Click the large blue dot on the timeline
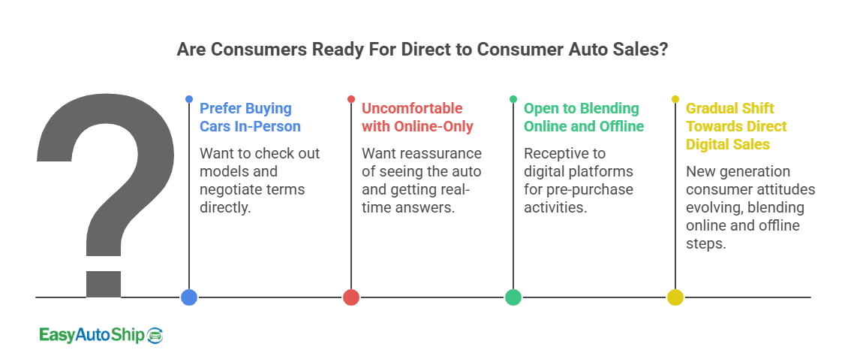[x=189, y=297]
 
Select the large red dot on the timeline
[x=351, y=297]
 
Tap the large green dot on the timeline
[x=513, y=297]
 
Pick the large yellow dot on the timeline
[x=675, y=297]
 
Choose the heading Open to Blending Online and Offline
[x=583, y=117]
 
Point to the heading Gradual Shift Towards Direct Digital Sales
[x=736, y=125]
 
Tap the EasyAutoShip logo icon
[x=155, y=336]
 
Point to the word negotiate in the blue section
[x=228, y=189]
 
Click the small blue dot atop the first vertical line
[x=189, y=99]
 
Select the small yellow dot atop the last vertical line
[x=675, y=99]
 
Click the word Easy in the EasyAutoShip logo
[x=57, y=336]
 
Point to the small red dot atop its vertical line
[x=351, y=99]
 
